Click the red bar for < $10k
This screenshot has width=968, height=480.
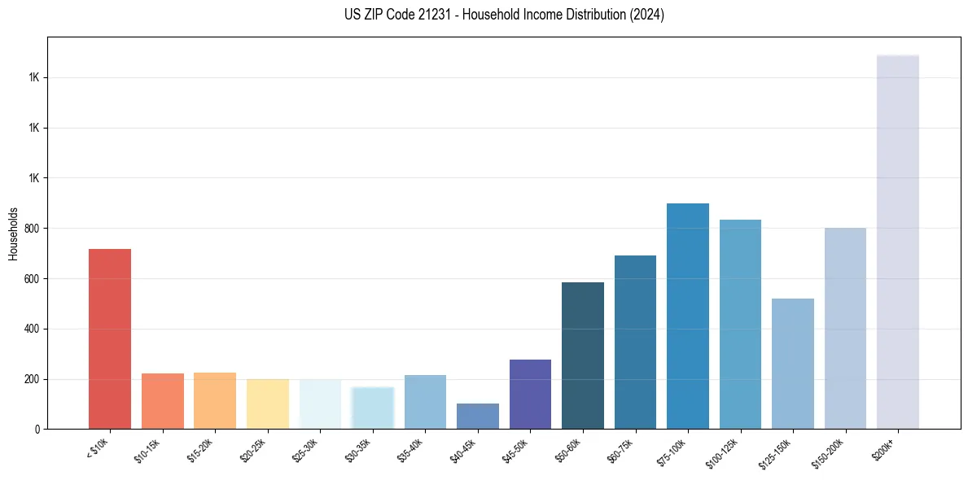click(x=110, y=338)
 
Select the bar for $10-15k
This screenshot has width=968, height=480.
click(x=162, y=401)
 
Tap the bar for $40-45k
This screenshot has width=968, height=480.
click(x=478, y=416)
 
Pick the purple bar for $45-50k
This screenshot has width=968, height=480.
click(x=530, y=394)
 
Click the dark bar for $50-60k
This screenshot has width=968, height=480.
click(x=583, y=356)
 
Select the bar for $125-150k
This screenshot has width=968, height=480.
click(x=793, y=364)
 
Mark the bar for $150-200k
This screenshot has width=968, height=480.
click(x=845, y=328)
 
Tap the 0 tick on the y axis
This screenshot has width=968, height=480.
click(x=37, y=429)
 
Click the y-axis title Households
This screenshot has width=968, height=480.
click(x=13, y=233)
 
